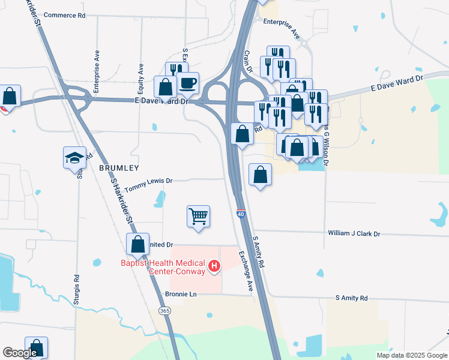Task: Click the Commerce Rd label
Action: [x=65, y=15]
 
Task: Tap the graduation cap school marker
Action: [x=74, y=158]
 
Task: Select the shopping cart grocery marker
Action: [x=198, y=216]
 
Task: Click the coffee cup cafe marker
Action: [x=188, y=83]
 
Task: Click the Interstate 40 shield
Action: [x=241, y=214]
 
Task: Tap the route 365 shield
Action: [x=165, y=310]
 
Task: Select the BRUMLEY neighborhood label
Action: [x=119, y=169]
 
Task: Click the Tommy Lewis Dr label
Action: [x=148, y=181]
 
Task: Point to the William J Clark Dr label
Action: [x=354, y=233]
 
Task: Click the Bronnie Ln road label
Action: [x=181, y=295]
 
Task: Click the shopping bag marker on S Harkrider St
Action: [x=137, y=244]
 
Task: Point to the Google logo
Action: [x=20, y=353]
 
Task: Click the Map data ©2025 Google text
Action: [x=411, y=355]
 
